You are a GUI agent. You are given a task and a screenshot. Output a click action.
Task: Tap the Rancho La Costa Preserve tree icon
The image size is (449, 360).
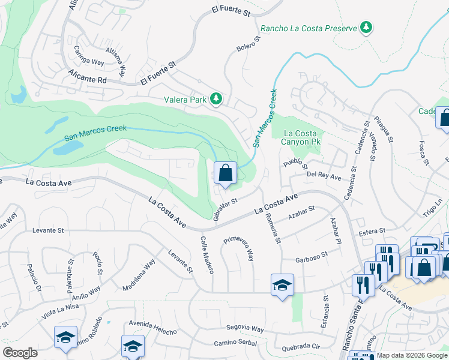pyautogui.click(x=366, y=28)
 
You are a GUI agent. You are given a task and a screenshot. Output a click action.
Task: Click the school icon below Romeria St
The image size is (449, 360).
pyautogui.click(x=282, y=286)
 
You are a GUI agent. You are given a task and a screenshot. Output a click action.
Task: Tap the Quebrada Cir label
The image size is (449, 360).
pyautogui.click(x=303, y=346)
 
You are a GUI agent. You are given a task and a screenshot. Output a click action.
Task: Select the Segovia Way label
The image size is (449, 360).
pyautogui.click(x=245, y=329)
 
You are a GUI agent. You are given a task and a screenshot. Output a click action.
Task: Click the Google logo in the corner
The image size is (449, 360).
pyautogui.click(x=20, y=352)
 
